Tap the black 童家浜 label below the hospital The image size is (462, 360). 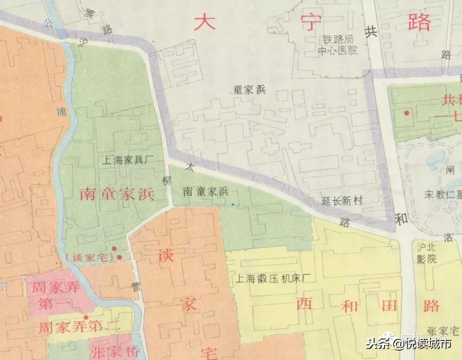(x=249, y=90)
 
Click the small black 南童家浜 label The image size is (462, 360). (x=205, y=192)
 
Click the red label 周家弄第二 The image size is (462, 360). (x=80, y=328)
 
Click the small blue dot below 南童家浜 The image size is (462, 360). (x=233, y=204)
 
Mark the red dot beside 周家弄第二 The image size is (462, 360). (x=86, y=317)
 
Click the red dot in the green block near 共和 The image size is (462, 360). (x=406, y=113)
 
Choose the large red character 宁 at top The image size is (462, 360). (x=311, y=22)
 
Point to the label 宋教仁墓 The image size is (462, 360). (x=443, y=195)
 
